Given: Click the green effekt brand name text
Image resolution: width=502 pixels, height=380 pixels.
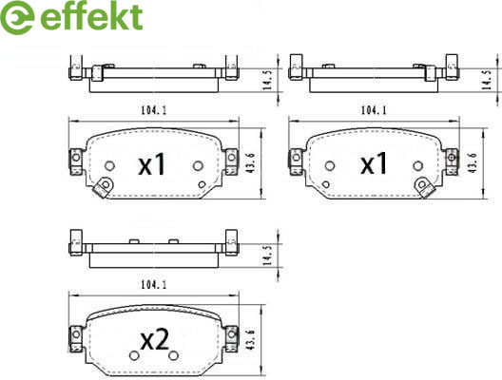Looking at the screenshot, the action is click(91, 16).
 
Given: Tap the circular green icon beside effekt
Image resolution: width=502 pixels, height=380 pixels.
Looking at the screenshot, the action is click(17, 18).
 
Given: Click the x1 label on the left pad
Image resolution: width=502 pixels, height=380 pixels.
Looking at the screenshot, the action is click(152, 163).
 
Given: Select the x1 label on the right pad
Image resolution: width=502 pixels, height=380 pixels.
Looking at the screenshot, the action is click(374, 163).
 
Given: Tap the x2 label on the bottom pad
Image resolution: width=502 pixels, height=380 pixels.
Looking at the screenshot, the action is click(155, 339).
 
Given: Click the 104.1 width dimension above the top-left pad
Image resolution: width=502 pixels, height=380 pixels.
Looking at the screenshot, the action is click(154, 110).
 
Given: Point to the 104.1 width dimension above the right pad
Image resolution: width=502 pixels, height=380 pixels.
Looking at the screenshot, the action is click(374, 110).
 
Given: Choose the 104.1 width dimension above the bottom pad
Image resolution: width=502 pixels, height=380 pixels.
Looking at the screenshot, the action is click(154, 285).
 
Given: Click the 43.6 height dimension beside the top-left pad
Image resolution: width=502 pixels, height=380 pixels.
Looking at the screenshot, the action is click(250, 163).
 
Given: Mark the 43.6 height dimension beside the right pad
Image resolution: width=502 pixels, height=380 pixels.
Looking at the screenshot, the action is click(472, 163).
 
